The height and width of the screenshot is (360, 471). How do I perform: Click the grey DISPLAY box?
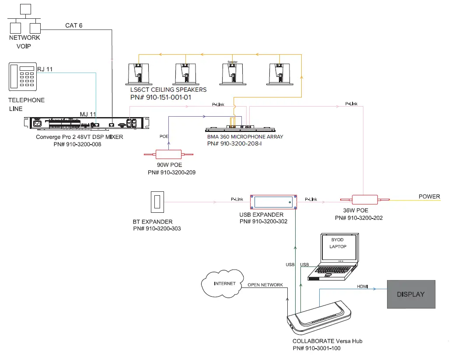pyautogui.click(x=411, y=294)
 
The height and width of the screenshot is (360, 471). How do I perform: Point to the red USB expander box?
pyautogui.click(x=273, y=202)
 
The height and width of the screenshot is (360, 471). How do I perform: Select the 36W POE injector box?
pyautogui.click(x=365, y=200)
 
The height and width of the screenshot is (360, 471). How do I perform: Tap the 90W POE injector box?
pyautogui.click(x=168, y=154)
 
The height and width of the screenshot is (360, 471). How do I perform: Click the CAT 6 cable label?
pyautogui.click(x=74, y=25)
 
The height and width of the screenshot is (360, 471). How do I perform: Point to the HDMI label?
pyautogui.click(x=363, y=286)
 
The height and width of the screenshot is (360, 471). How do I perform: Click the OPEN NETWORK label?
pyautogui.click(x=265, y=285)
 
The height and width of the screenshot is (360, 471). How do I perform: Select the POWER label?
pyautogui.click(x=429, y=196)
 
